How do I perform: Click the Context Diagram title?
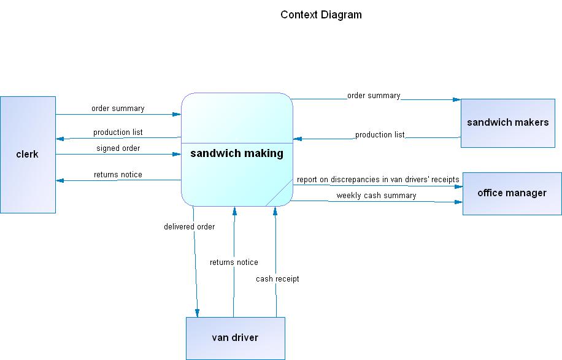[321, 15]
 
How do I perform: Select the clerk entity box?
[28, 155]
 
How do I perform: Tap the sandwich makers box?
[507, 122]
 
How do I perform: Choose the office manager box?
[512, 193]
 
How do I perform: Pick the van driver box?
[235, 338]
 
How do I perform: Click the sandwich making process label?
[237, 153]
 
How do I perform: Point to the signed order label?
[118, 148]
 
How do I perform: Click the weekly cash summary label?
[376, 196]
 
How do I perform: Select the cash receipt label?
[278, 279]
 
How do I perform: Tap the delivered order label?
[189, 227]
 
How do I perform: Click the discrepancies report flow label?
[378, 180]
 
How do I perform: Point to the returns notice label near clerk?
[118, 175]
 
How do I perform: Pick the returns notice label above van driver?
[234, 262]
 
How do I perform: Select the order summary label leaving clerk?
[118, 109]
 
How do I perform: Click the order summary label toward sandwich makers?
[374, 96]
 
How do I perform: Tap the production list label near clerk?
[118, 132]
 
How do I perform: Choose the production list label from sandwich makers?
[380, 135]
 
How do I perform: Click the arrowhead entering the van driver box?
[198, 313]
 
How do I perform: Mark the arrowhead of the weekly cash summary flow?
[458, 201]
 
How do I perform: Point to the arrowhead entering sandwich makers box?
[457, 99]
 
